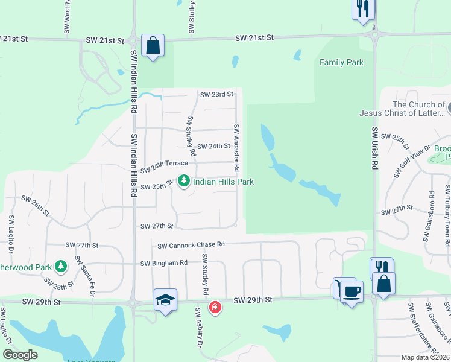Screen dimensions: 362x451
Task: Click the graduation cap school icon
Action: tap(165, 300)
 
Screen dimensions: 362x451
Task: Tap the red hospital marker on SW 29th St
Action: tap(215, 308)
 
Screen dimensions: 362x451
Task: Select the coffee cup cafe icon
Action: tap(352, 291)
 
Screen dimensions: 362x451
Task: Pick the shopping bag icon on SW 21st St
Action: tap(153, 45)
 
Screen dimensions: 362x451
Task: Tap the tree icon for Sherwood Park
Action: tap(60, 265)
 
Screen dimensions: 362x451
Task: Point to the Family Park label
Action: tap(341, 62)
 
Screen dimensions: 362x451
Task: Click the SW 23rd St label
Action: tap(216, 94)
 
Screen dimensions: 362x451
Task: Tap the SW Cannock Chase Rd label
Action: tap(191, 245)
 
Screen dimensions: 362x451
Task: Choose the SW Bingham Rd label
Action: tap(164, 263)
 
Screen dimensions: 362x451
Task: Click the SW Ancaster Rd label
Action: tap(237, 147)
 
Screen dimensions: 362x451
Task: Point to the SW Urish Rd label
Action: tap(374, 149)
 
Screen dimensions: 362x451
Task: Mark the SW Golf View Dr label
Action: tap(413, 161)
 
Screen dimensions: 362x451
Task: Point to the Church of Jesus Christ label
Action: tap(402, 109)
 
